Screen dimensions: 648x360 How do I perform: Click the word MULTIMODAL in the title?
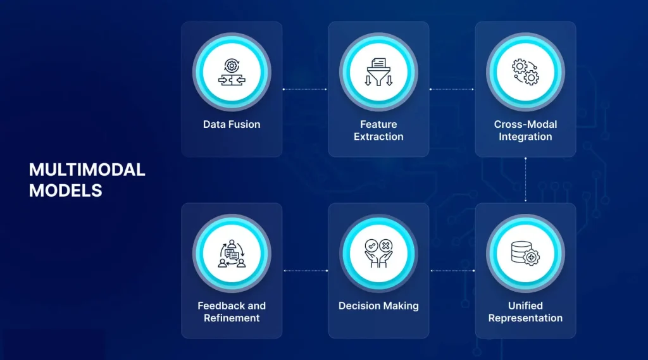[x=87, y=170]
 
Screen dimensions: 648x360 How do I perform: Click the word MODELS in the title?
[x=65, y=190]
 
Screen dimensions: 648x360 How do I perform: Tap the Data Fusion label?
[x=232, y=125]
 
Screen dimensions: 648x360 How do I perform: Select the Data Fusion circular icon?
[x=232, y=72]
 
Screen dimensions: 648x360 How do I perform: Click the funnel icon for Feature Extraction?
[x=378, y=72]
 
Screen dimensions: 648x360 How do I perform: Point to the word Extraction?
[x=378, y=137]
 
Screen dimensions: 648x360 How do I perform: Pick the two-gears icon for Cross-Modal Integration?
[x=525, y=72]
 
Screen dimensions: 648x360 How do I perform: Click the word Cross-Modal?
[x=525, y=125]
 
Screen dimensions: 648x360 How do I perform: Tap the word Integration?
[x=525, y=137]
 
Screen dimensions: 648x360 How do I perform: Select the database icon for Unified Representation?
[x=525, y=253]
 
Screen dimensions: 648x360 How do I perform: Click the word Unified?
[x=525, y=306]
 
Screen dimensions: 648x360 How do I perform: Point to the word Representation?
[x=525, y=318]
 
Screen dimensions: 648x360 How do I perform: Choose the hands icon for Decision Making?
[x=378, y=253]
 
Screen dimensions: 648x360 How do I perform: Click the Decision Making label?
[x=378, y=306]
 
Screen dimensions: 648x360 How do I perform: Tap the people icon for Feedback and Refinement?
[x=232, y=253]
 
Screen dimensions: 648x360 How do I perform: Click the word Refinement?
[x=232, y=318]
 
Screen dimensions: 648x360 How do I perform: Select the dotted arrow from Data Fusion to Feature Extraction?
[x=305, y=89]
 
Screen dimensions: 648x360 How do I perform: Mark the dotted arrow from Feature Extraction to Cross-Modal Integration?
[x=452, y=89]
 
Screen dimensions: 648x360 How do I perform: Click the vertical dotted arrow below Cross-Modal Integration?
[x=525, y=180]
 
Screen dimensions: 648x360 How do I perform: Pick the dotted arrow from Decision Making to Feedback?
[x=306, y=271]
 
